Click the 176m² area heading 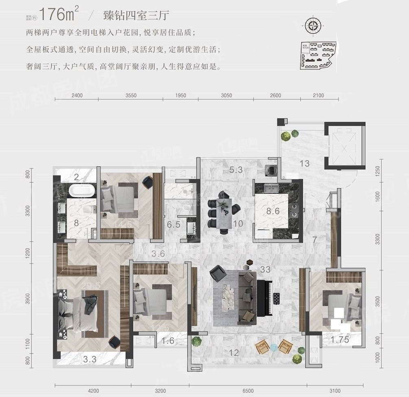pyautogui.click(x=61, y=14)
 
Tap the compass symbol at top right pyautogui.click(x=313, y=25)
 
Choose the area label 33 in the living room pyautogui.click(x=265, y=269)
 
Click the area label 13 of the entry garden pyautogui.click(x=304, y=164)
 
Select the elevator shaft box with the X pyautogui.click(x=345, y=147)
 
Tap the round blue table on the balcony pyautogui.click(x=274, y=347)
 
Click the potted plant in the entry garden pyautogui.click(x=289, y=135)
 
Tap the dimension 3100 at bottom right pyautogui.click(x=335, y=391)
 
